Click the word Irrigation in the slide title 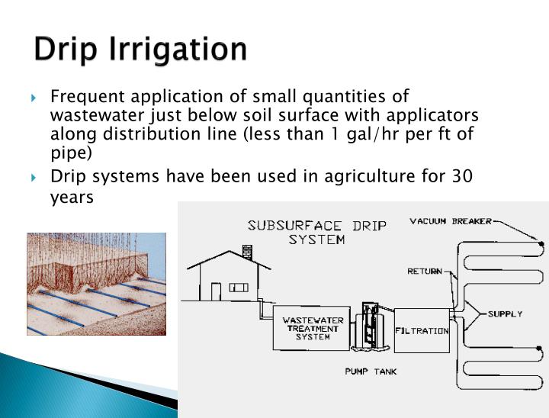click(x=181, y=50)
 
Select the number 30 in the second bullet click(x=483, y=176)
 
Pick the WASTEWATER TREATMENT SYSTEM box click(x=313, y=329)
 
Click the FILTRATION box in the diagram click(x=422, y=330)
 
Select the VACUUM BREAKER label click(x=451, y=222)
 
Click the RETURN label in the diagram click(x=425, y=271)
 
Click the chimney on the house click(x=246, y=251)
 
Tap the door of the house click(x=216, y=291)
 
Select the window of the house click(x=239, y=288)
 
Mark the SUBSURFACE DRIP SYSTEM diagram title click(x=316, y=232)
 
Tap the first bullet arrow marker click(x=34, y=98)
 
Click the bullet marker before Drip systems click(x=34, y=178)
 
